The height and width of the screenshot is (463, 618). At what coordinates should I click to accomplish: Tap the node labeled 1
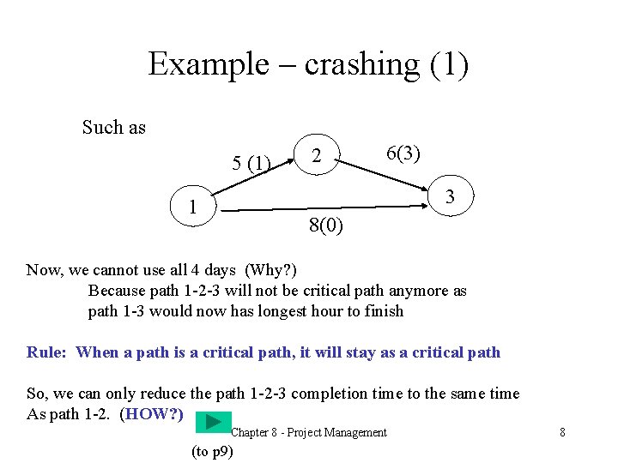[194, 207]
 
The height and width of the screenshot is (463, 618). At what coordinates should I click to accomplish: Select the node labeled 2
[318, 156]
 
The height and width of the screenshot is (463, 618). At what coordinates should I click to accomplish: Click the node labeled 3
[450, 198]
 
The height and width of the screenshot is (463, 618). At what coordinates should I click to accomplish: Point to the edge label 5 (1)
[251, 162]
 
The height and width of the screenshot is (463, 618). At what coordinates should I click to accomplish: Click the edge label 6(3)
[403, 153]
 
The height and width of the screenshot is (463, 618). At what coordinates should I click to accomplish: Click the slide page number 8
[562, 432]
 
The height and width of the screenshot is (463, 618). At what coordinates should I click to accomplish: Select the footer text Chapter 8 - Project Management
[309, 432]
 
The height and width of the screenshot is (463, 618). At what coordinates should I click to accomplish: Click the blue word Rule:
[47, 352]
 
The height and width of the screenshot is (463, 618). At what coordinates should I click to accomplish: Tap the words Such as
[114, 128]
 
